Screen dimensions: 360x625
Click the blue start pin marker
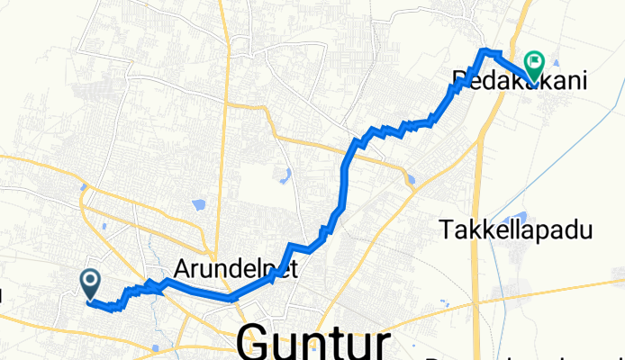coord(91,283)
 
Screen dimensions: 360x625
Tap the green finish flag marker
coord(533,63)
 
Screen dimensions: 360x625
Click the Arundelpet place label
coord(234,269)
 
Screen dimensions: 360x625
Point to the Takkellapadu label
coord(518,230)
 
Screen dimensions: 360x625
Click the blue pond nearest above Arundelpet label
coord(196,204)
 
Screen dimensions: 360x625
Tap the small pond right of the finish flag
coord(555,62)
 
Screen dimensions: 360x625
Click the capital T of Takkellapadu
coord(448,230)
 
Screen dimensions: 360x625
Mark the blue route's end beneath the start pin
coord(91,301)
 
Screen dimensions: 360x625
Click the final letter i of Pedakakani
coord(585,81)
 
